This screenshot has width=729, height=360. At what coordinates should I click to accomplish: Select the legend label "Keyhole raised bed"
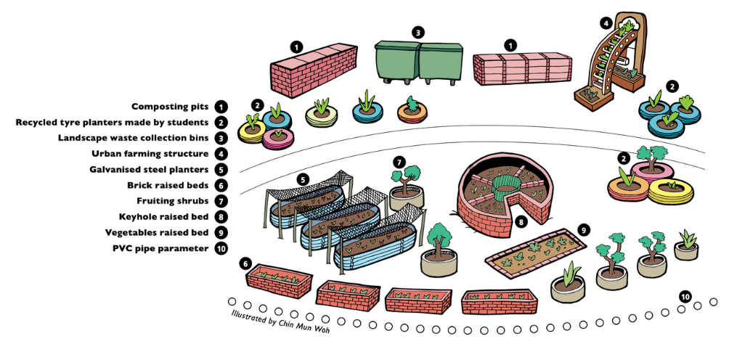[x=164, y=217]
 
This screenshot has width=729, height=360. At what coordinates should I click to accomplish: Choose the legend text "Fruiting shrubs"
[x=173, y=201]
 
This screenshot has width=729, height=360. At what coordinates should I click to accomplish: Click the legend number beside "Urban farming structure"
[x=221, y=154]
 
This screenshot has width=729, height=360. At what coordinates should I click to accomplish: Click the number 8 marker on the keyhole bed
[x=520, y=222]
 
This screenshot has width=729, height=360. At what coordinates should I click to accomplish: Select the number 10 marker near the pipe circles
[x=684, y=296]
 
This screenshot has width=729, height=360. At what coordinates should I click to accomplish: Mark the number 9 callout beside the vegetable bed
[x=583, y=229]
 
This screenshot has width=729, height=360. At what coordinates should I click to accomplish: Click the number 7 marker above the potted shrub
[x=398, y=161]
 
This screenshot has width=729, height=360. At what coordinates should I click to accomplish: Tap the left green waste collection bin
[x=396, y=61]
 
